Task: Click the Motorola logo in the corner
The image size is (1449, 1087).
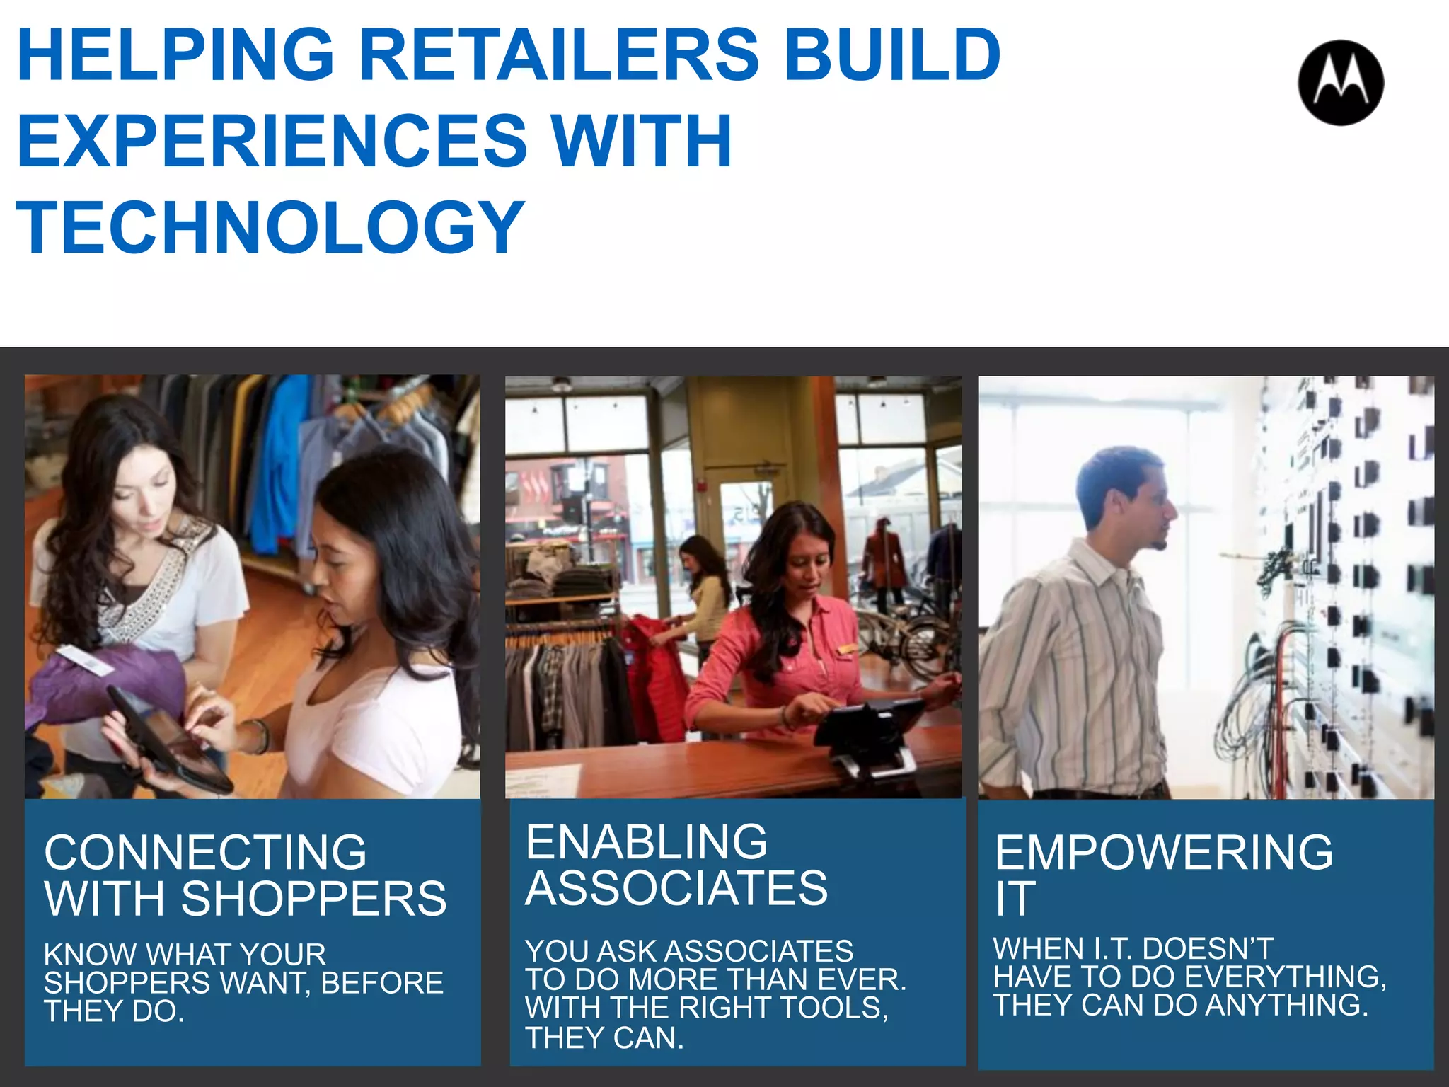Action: (x=1341, y=83)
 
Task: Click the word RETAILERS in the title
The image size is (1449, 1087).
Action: (x=559, y=54)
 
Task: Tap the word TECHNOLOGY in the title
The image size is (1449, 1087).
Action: (x=270, y=226)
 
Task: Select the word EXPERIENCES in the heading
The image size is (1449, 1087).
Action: (x=272, y=141)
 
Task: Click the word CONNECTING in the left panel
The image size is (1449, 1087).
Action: (x=205, y=852)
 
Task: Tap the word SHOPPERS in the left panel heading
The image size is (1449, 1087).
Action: (x=313, y=899)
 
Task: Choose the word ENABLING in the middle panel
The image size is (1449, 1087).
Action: (x=646, y=841)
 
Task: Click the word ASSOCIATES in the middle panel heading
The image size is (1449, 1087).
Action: (x=676, y=888)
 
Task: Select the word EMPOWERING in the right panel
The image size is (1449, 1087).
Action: (x=1164, y=852)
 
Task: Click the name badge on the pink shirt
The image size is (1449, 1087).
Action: (x=847, y=648)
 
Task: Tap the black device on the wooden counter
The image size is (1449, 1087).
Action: (x=870, y=729)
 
